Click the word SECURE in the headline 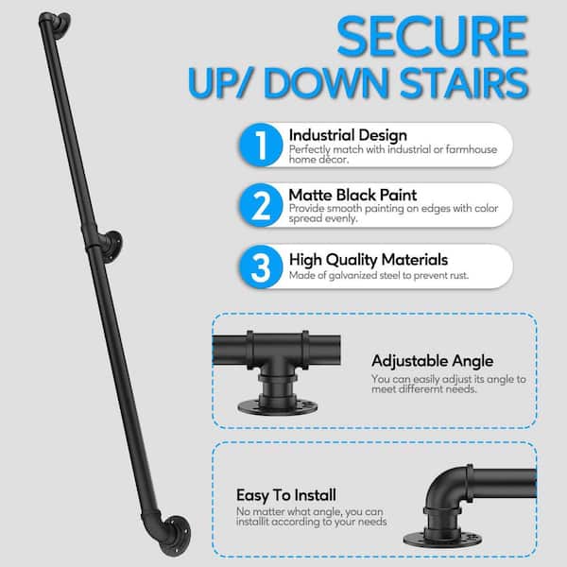tap(433, 36)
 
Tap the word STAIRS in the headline tap(464, 83)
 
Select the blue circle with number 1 tap(261, 145)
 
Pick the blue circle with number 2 tap(261, 205)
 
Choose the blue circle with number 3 tap(261, 266)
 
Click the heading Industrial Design tap(348, 135)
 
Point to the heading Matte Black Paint tap(352, 196)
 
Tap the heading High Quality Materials tap(369, 260)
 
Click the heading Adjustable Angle tap(432, 361)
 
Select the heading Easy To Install tap(286, 495)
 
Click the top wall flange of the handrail tap(61, 23)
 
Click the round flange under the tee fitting tap(277, 408)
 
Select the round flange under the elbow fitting tap(442, 540)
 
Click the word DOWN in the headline tap(327, 83)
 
